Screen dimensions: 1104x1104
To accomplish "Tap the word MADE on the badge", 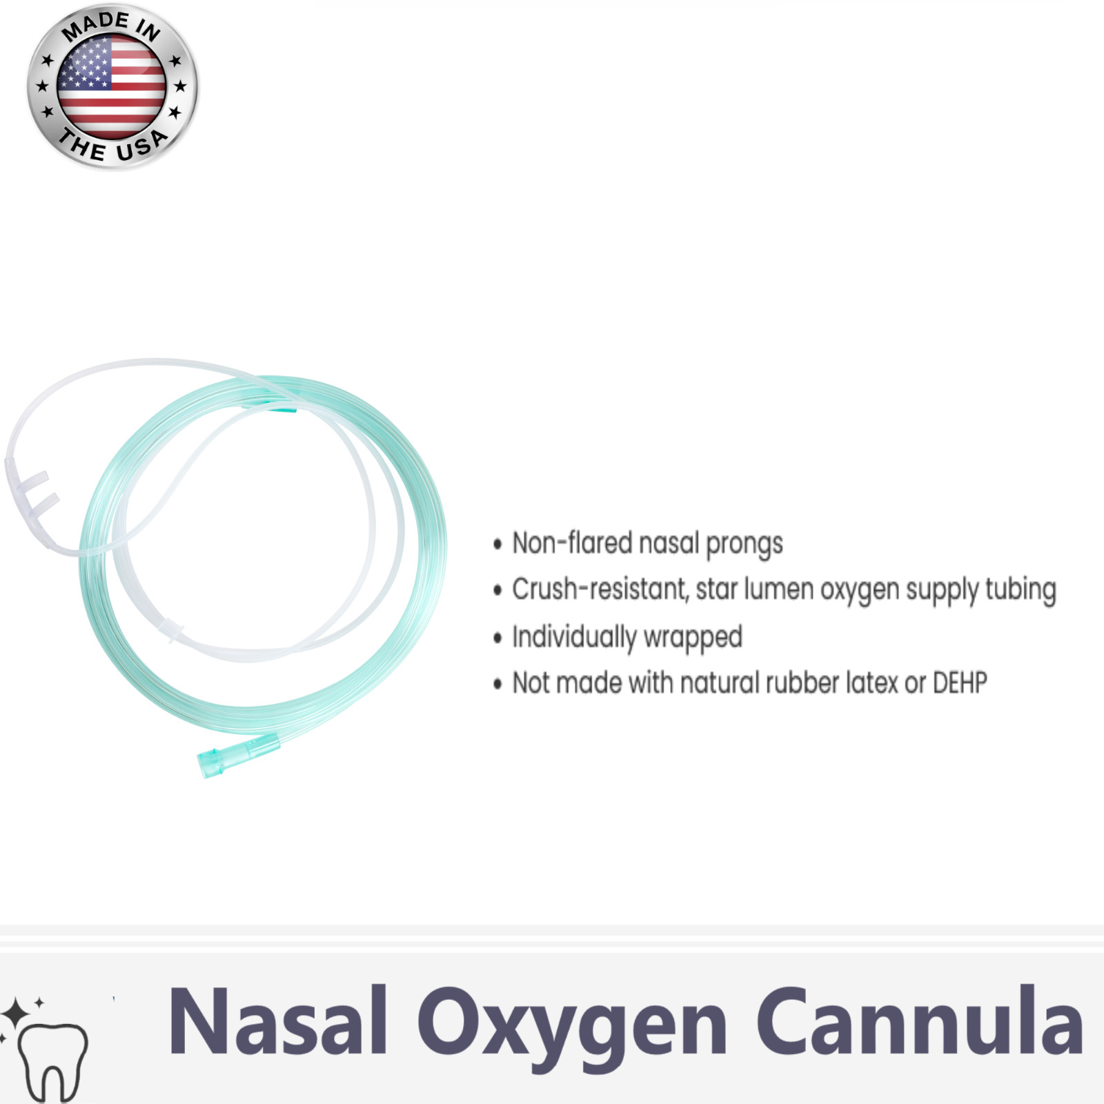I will (x=95, y=26).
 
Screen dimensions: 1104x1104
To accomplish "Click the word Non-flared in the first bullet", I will (x=571, y=543).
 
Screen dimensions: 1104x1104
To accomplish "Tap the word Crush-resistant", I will (x=600, y=589).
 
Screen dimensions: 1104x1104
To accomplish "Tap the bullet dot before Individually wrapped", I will (x=497, y=638).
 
